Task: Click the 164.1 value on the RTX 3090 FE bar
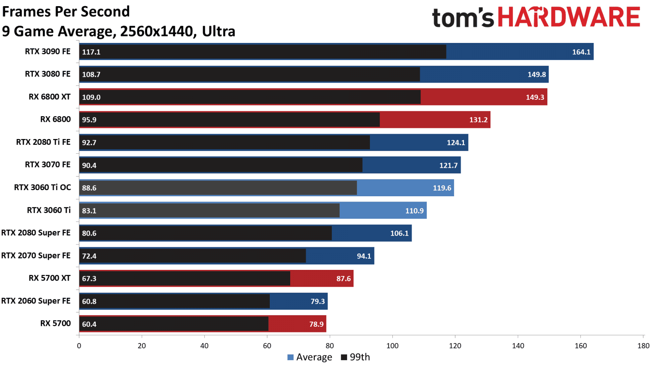581,52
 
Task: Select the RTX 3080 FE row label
47,74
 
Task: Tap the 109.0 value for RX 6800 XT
91,97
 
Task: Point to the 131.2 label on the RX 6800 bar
478,120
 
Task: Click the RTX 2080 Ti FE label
43,142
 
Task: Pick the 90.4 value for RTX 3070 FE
89,165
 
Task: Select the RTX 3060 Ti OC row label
43,187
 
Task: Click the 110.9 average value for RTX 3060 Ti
414,211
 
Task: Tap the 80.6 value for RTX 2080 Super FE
89,233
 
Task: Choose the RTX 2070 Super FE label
36,256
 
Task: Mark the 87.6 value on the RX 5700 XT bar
343,278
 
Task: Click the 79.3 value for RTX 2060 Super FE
318,301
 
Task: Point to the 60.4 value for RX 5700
89,324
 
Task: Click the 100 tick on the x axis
392,346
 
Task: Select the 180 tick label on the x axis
643,346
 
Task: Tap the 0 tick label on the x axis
79,346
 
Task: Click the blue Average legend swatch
291,357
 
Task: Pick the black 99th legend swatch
344,357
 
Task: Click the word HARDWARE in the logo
569,17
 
